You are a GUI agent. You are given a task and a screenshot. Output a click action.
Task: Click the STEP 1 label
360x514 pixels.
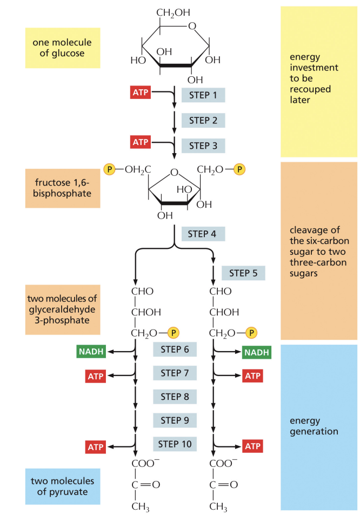tap(203, 95)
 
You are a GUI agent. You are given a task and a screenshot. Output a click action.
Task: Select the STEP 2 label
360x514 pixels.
tap(203, 120)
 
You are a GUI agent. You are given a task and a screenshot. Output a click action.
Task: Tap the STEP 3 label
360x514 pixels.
tap(203, 145)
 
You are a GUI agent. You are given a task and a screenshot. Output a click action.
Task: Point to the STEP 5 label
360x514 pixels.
tap(243, 273)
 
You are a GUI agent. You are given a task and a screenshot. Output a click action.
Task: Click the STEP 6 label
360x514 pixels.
tap(175, 349)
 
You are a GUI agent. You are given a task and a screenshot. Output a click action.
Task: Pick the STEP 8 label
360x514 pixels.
tap(175, 397)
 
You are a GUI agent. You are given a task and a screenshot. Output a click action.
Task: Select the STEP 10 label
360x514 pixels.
tap(175, 444)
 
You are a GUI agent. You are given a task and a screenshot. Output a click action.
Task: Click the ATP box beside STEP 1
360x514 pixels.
tap(141, 93)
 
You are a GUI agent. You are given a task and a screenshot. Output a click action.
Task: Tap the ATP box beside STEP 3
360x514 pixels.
tap(141, 142)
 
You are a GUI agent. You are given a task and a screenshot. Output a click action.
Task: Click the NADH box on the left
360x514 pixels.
tap(91, 352)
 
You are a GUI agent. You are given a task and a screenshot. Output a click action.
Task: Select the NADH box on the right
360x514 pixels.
tap(256, 352)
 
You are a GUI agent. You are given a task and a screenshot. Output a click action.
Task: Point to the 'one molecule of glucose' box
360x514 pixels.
tap(62, 48)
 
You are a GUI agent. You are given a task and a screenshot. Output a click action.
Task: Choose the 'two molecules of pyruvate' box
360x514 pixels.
tap(62, 486)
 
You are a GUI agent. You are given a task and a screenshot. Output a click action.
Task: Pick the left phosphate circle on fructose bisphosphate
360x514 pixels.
tap(110, 169)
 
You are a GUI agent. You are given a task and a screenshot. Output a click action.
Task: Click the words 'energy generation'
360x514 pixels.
tap(314, 426)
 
